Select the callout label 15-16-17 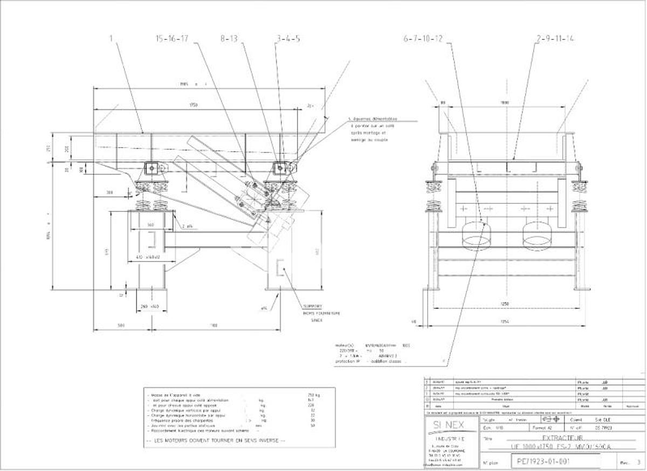tap(172, 38)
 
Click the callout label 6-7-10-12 tap(423, 38)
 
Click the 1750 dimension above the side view tap(192, 106)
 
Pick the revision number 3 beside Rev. tap(639, 462)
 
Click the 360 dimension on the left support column tap(150, 224)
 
